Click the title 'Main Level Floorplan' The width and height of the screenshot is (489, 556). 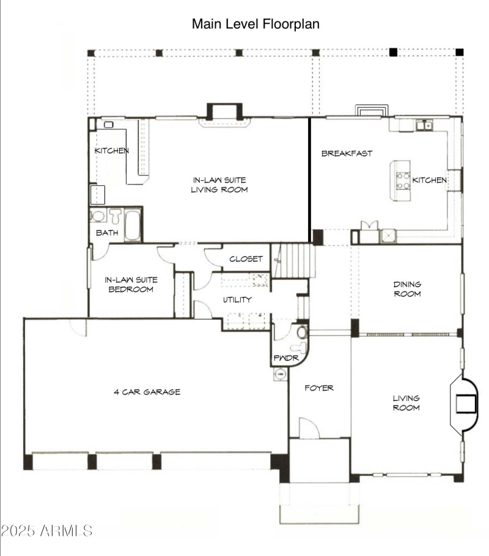point(256,24)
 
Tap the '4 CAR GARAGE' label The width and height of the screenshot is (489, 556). point(147,392)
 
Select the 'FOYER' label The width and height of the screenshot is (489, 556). point(319,387)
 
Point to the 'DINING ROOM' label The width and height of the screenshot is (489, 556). point(406,289)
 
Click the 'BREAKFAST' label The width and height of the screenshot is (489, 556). point(347,153)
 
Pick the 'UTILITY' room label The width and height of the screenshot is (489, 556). point(237,299)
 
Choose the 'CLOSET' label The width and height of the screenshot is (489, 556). point(246,259)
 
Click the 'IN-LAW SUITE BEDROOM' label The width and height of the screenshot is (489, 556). point(131,284)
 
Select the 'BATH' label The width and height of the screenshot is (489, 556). point(106,233)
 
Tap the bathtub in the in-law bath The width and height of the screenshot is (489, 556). point(133,225)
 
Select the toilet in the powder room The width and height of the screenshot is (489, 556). point(301,333)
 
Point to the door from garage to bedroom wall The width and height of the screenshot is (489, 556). point(78,326)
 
